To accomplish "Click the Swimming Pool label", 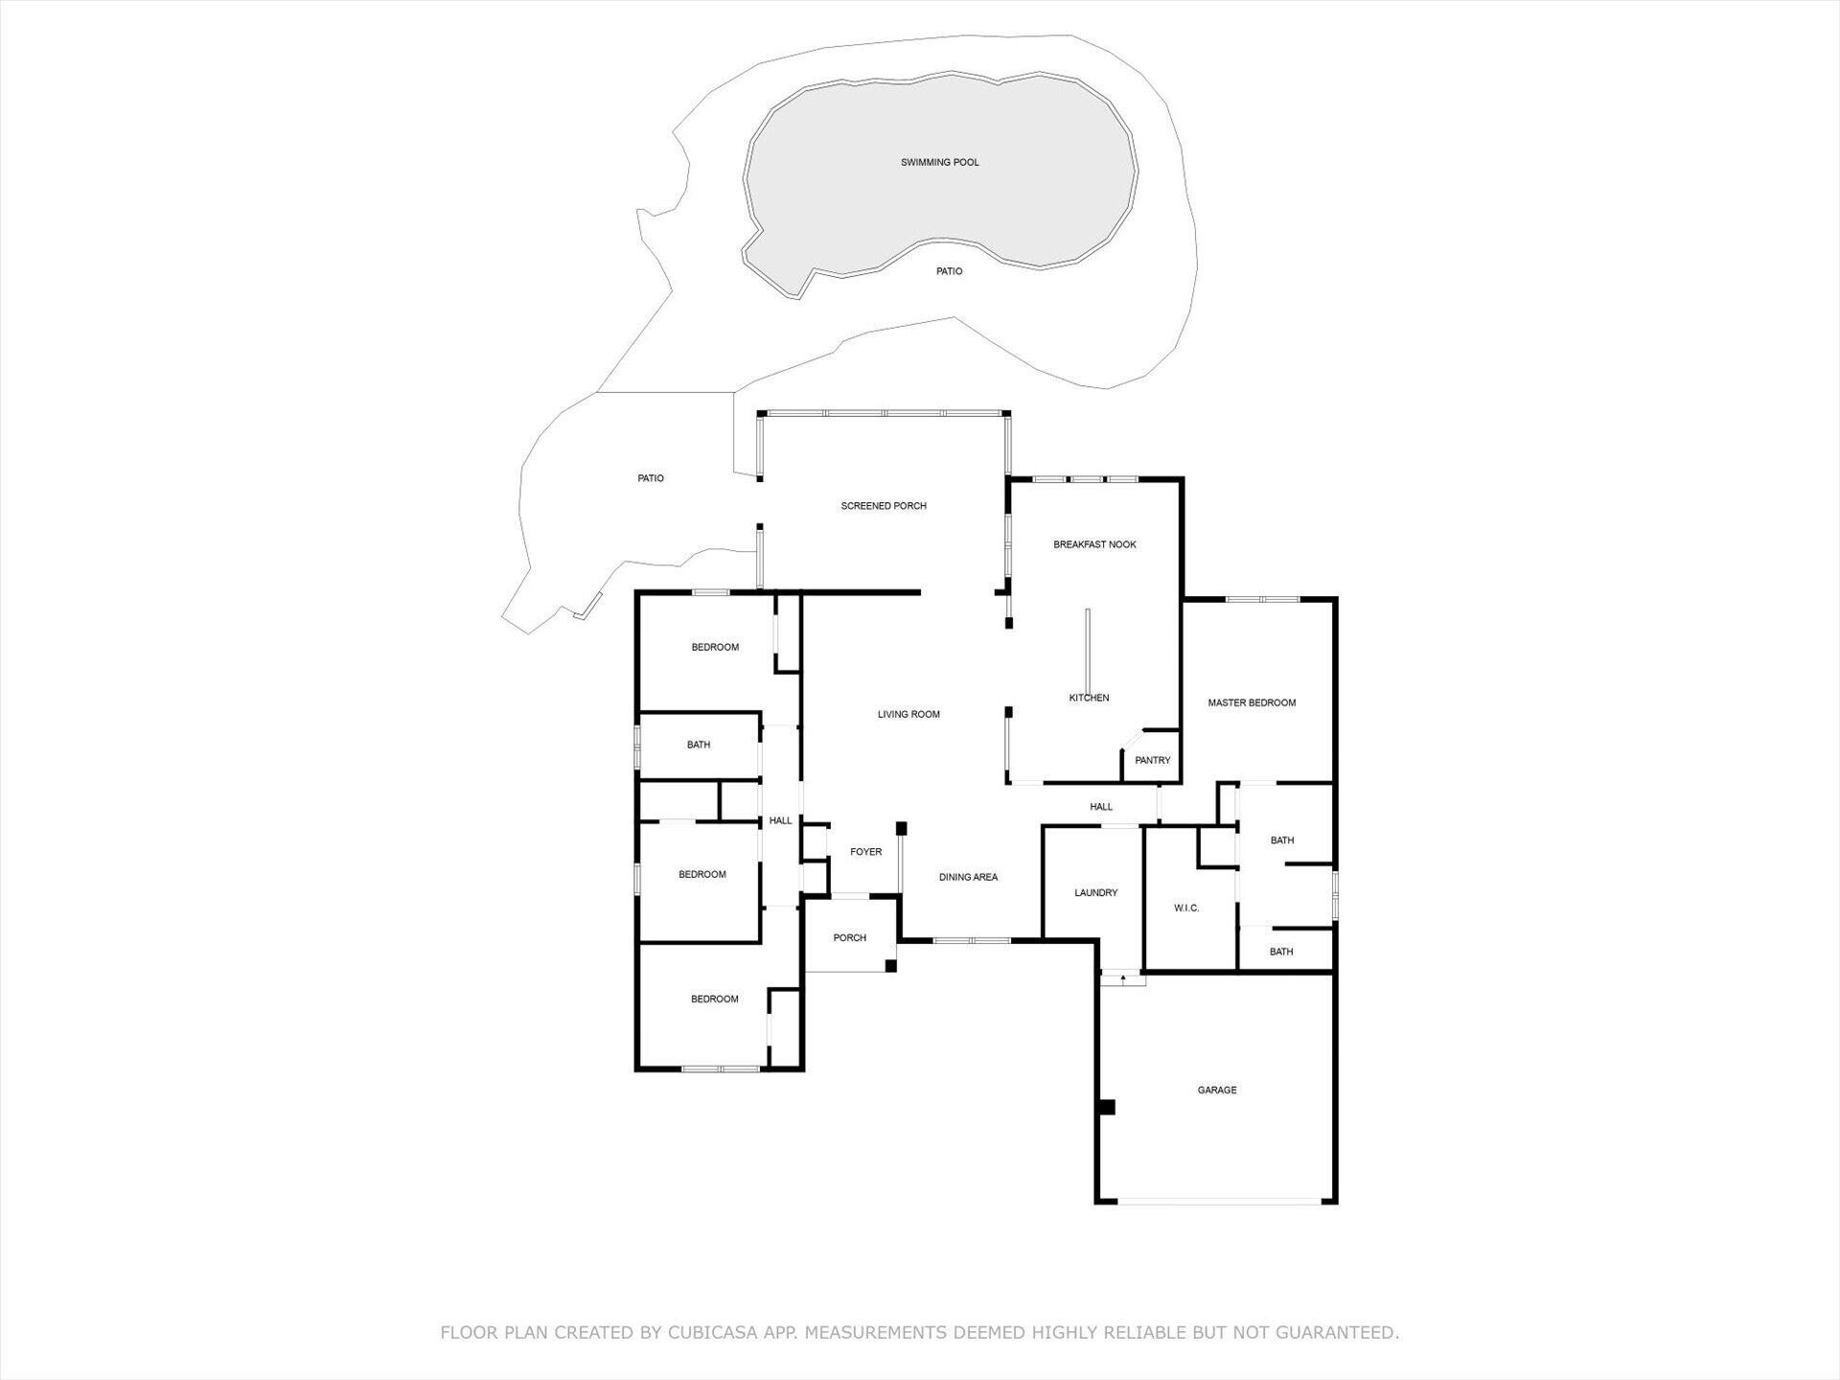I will point(939,163).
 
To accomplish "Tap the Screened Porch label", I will point(883,506).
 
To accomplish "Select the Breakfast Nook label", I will point(1094,544).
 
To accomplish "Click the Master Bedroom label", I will point(1251,702).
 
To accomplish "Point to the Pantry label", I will point(1152,760).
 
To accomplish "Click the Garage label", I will point(1216,1090).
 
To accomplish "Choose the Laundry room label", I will point(1095,892).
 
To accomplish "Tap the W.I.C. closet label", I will point(1185,908).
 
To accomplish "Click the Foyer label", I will point(865,852).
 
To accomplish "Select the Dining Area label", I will point(968,877).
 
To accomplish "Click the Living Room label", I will point(908,714).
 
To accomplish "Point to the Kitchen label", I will point(1089,698).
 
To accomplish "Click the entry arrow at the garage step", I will point(1122,979).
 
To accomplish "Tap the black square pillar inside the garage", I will point(1107,1107).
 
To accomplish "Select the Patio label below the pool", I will point(949,271).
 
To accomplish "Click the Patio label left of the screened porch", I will point(651,478).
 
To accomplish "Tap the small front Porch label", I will point(849,938).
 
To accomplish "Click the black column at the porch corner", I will point(890,966).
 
